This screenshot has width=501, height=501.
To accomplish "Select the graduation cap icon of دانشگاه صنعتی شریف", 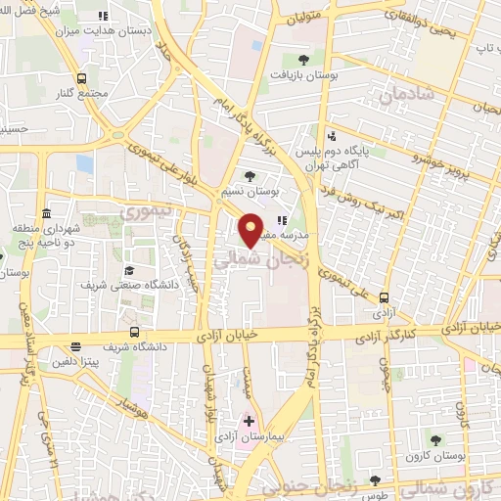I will click(128, 270).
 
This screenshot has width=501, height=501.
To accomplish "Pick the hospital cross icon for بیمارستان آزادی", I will click(249, 421).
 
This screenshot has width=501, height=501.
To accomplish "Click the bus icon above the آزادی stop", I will click(383, 298).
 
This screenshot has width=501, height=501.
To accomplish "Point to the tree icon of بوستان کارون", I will click(435, 441).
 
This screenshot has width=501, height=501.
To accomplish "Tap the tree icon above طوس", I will click(376, 480).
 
